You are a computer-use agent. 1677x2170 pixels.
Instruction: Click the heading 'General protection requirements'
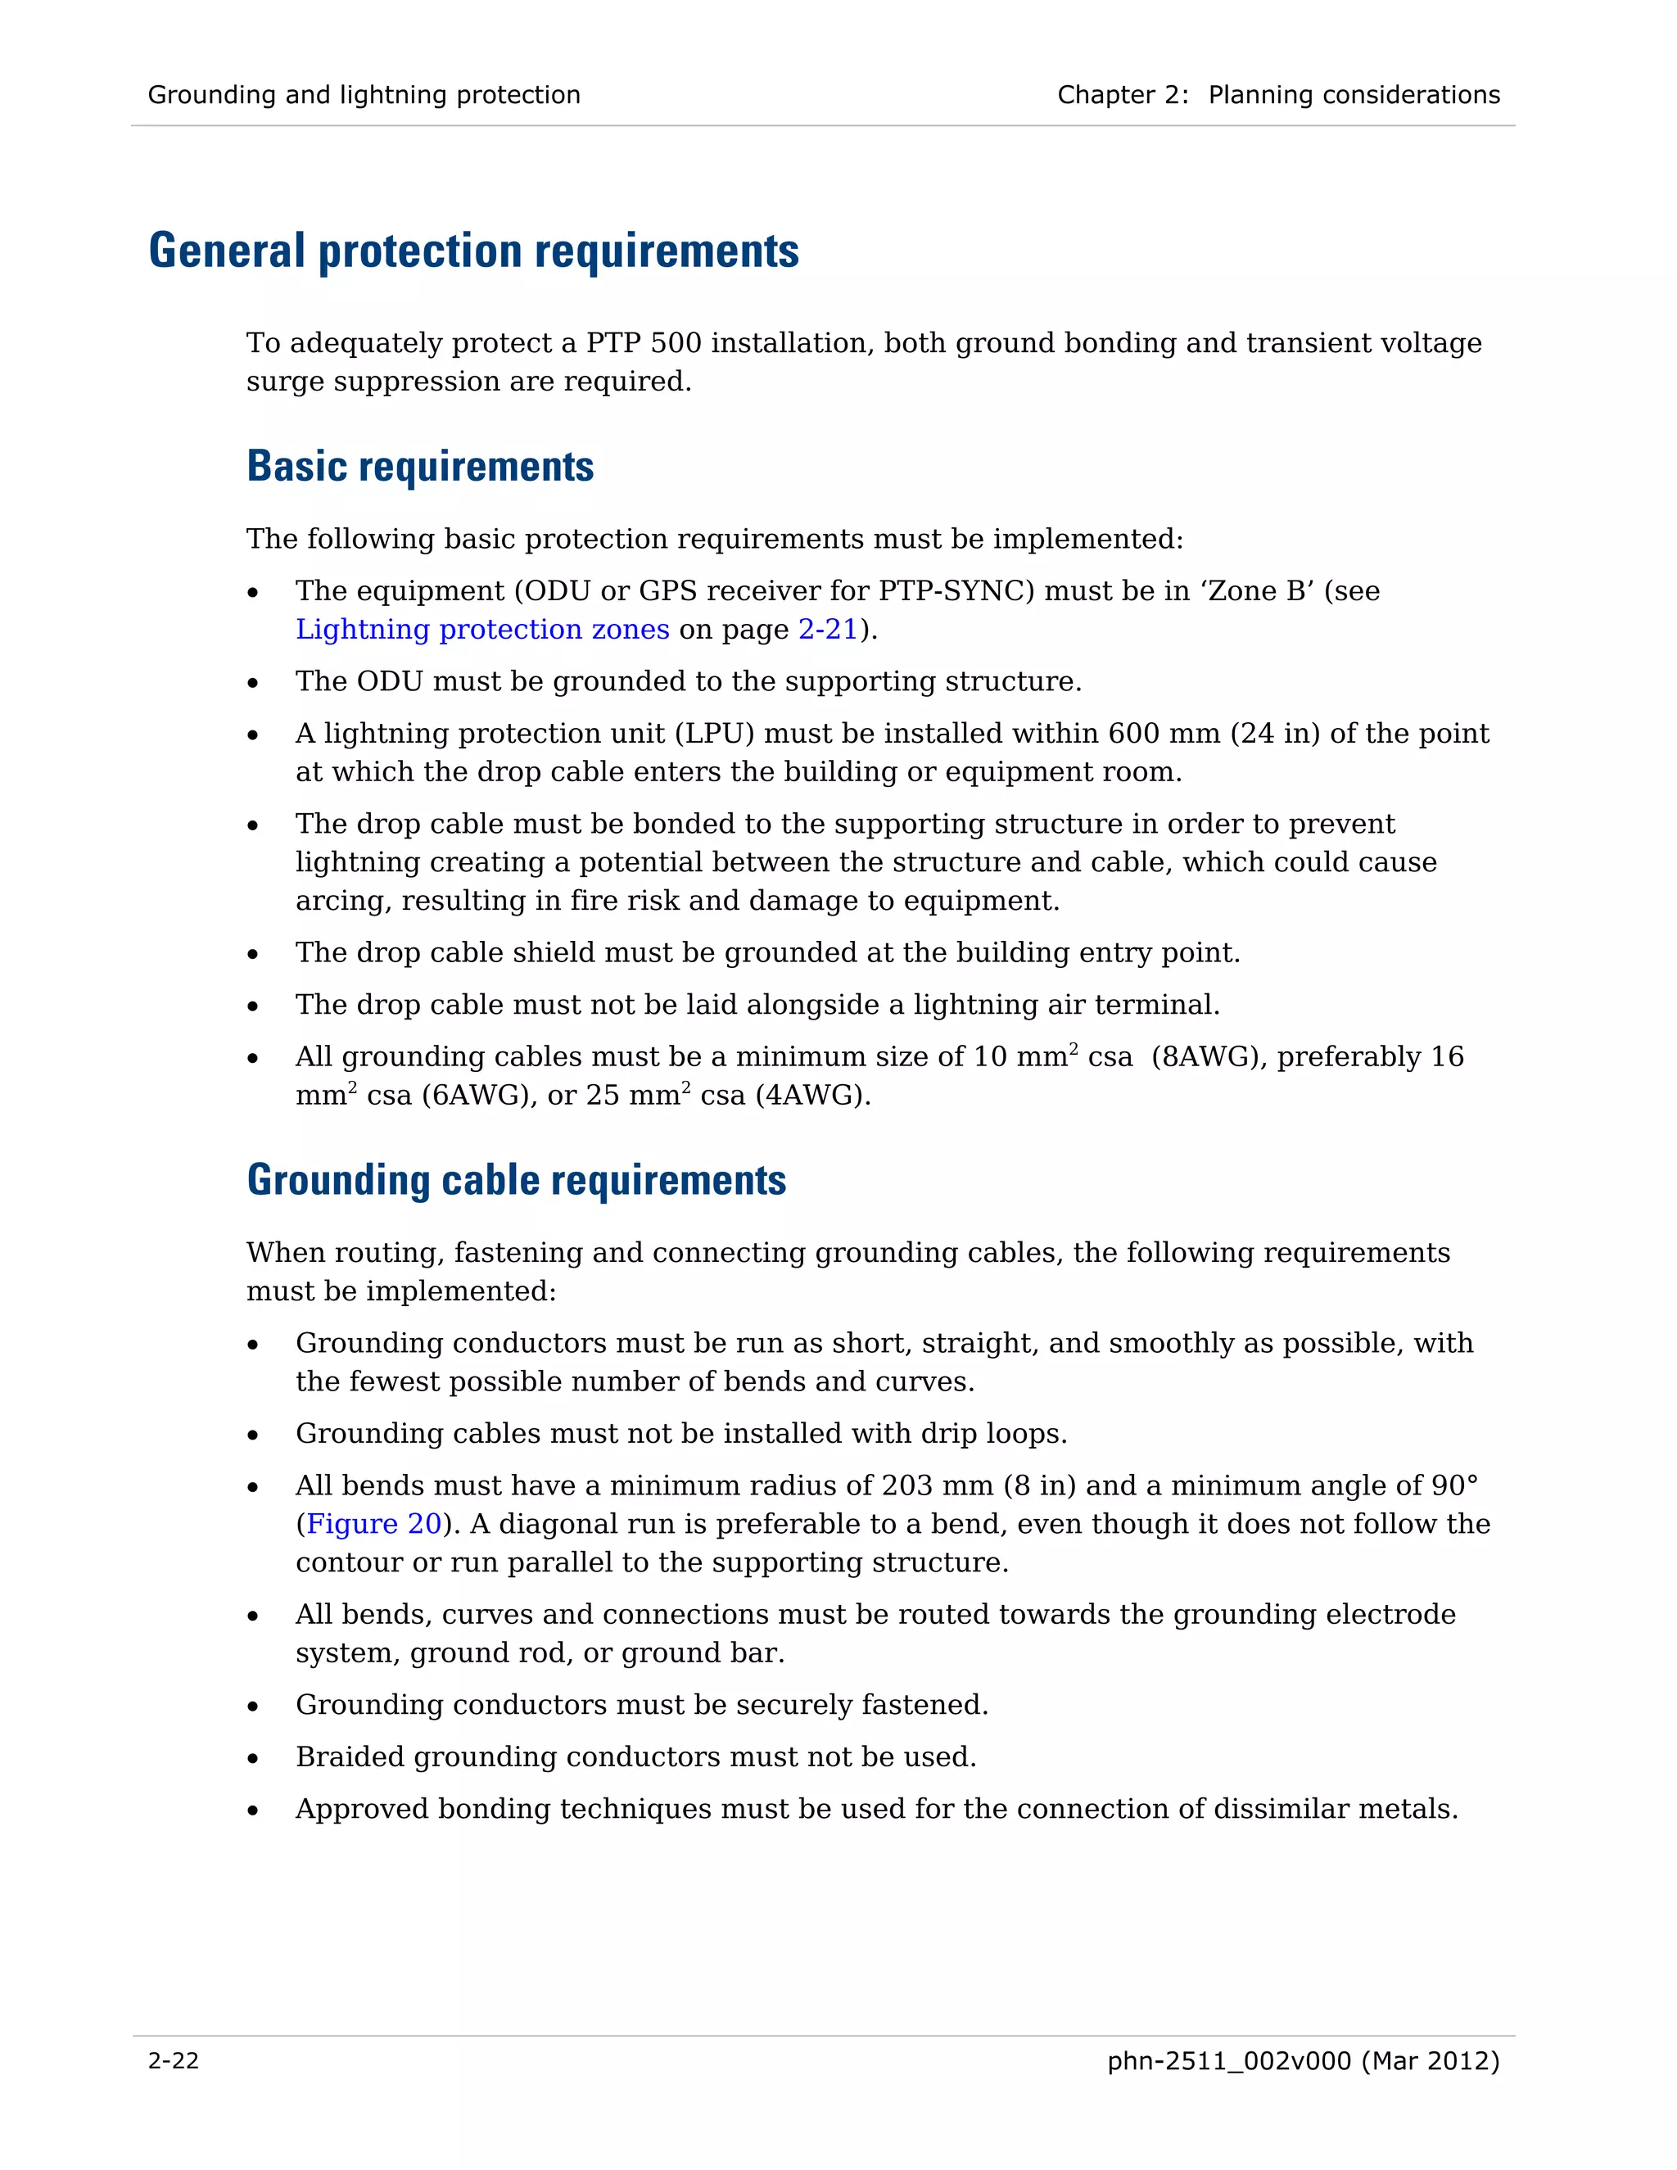tap(474, 251)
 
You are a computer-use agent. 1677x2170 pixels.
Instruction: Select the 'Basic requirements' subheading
tap(419, 467)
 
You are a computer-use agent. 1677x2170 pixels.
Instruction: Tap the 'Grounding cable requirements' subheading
tap(516, 1180)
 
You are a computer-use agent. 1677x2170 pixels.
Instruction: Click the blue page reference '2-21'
tap(828, 630)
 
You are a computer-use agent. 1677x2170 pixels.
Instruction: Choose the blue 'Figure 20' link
tap(373, 1524)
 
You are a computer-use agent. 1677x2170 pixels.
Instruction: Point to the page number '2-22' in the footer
tap(174, 2061)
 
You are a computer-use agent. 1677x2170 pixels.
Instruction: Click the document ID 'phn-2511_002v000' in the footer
tap(1229, 2061)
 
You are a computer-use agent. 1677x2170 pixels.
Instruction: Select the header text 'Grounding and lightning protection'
tap(364, 95)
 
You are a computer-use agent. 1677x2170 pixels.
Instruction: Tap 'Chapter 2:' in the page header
tap(1122, 95)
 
